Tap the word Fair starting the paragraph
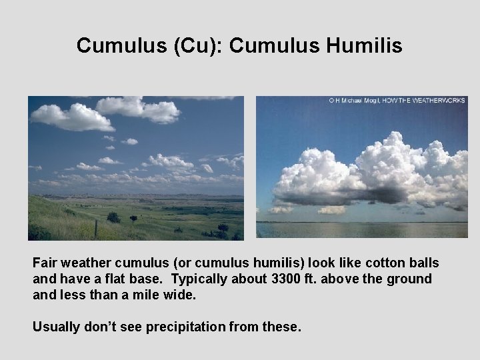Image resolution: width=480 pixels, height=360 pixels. click(x=46, y=263)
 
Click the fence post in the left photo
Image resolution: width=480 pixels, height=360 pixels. click(x=96, y=229)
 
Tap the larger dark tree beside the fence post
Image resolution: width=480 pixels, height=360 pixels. click(x=113, y=217)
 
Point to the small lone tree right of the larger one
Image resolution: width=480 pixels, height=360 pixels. click(x=133, y=219)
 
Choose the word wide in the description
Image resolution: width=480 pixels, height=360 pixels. click(x=182, y=293)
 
